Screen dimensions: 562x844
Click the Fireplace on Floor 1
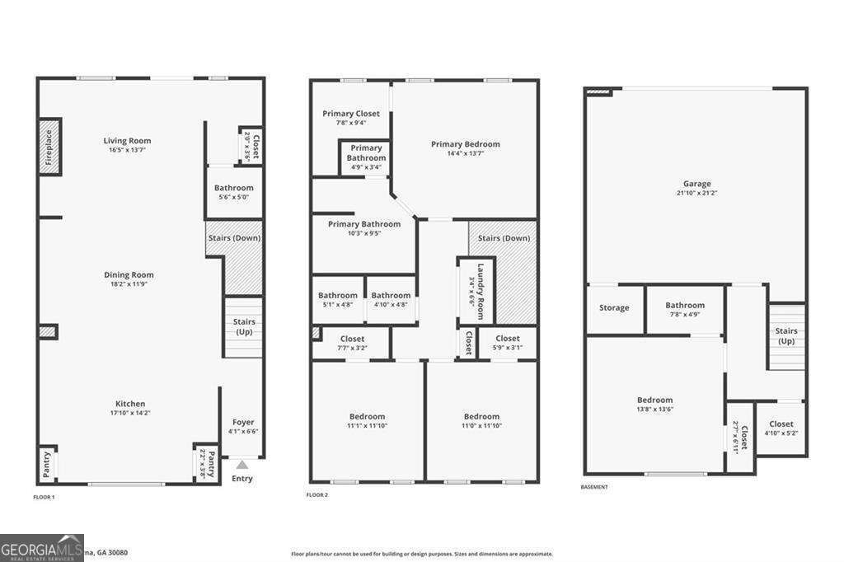pos(49,147)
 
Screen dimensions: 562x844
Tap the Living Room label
pos(127,141)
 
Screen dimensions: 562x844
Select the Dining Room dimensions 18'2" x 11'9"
pos(129,284)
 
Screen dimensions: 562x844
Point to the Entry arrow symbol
pos(241,465)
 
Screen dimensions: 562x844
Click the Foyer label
pos(243,422)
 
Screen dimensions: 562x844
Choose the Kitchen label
pos(130,404)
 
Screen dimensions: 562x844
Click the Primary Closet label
pos(351,114)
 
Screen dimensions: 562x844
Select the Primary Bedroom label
pos(465,144)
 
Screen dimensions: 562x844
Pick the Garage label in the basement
pos(696,184)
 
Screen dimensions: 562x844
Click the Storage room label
pos(614,308)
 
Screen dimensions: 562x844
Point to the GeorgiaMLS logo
pos(41,547)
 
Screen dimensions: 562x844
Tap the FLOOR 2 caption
pos(316,494)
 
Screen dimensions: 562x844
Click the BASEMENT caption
pos(594,487)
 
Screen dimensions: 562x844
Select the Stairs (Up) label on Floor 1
pos(245,326)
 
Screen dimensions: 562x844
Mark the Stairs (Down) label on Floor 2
pos(504,238)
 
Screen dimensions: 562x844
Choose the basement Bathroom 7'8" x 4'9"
pos(685,309)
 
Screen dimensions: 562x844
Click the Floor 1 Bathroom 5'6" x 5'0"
pos(233,192)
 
